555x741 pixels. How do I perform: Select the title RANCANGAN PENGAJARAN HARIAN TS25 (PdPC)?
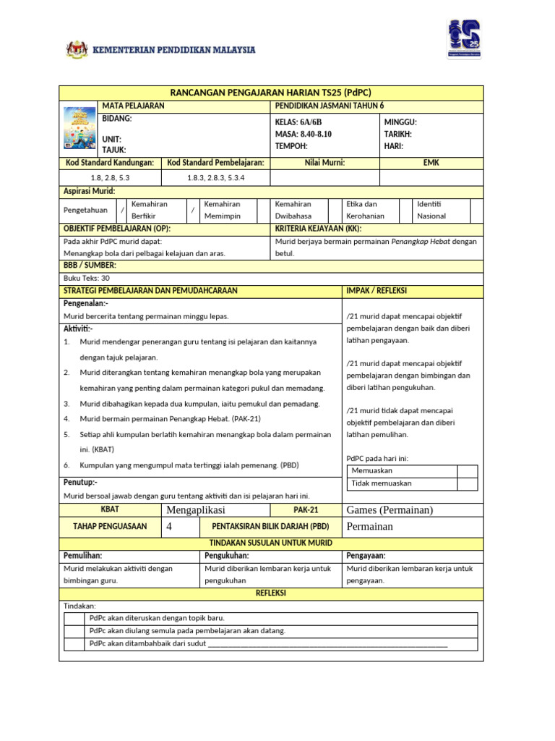pos(270,93)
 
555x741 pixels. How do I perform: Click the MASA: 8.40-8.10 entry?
pos(304,134)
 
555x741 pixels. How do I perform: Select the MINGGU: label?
pos(402,122)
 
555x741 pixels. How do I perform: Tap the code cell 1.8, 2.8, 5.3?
pos(110,177)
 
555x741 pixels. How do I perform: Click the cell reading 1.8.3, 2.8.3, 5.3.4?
pos(215,177)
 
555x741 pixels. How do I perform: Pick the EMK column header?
pos(431,163)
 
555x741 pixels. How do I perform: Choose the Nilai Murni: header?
pos(324,163)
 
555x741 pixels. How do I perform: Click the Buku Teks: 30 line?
pos(87,278)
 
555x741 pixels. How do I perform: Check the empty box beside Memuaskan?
pos(467,471)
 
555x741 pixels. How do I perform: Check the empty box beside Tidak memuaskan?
pos(467,483)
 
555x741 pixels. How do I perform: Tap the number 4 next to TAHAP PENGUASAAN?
pos(169,526)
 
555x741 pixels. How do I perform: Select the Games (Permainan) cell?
pos(390,510)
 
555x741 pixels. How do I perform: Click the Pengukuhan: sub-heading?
pos(227,555)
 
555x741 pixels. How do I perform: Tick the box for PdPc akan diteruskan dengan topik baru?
pos(74,619)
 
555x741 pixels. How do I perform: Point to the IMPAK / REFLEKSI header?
pos(377,290)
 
